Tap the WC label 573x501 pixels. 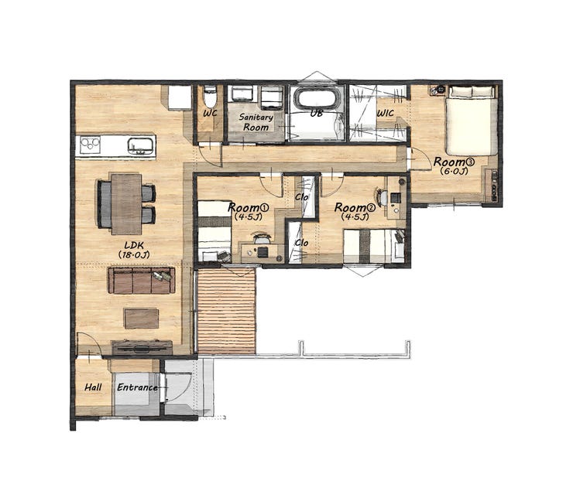210,113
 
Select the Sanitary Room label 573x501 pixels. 256,122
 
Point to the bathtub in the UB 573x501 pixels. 317,98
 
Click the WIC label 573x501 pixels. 385,113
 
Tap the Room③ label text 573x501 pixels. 454,162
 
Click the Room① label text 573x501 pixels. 248,208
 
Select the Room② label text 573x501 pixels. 355,208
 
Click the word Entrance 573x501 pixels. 137,387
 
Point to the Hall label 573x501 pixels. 93,387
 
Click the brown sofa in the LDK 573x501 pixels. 141,280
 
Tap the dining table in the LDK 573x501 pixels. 126,204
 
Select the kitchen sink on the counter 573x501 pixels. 140,146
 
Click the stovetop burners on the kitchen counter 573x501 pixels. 91,145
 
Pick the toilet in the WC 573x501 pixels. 210,97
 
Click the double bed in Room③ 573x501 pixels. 472,121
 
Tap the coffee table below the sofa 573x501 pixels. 142,319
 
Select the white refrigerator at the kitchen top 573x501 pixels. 180,97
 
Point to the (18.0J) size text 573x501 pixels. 134,254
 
